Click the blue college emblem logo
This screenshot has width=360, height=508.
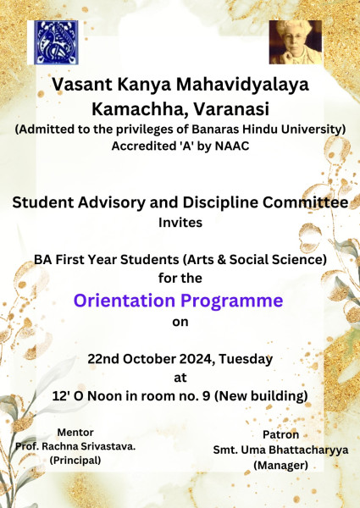pos(56,42)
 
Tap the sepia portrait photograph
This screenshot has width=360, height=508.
pos(296,42)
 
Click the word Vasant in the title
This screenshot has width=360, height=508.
pos(82,85)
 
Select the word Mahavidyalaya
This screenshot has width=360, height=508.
pos(242,86)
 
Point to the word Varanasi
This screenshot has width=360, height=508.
pos(231,109)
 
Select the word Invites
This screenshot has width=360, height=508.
pos(180,223)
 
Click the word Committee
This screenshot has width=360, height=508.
pos(306,202)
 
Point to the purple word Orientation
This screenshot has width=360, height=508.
pos(125,301)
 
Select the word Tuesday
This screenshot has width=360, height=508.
pos(246,360)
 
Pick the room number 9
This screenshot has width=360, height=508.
pos(206,396)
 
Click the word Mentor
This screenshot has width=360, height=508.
pos(75,432)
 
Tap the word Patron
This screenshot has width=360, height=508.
pos(280,434)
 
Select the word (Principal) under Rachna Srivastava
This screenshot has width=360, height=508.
pos(75,461)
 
